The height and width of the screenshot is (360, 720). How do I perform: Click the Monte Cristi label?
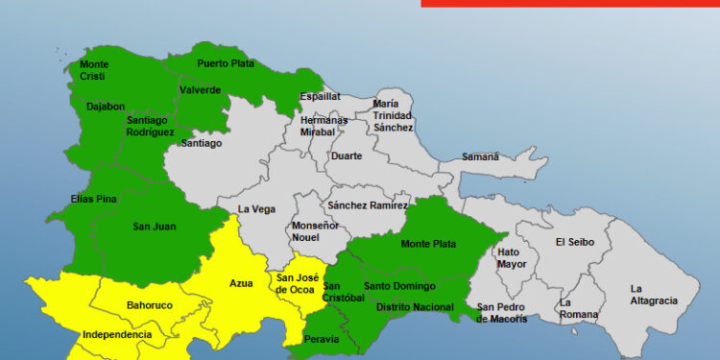(x=94, y=70)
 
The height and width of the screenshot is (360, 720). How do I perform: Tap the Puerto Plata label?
(x=224, y=63)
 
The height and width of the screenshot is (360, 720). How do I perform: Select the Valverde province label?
(x=200, y=90)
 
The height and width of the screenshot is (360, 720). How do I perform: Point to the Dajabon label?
(x=105, y=108)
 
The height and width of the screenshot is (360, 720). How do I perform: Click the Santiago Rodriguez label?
(x=149, y=126)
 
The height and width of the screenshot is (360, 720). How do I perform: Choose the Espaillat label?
(x=320, y=97)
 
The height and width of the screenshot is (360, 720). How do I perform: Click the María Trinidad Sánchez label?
(x=393, y=115)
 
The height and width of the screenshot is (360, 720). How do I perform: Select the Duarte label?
(x=346, y=156)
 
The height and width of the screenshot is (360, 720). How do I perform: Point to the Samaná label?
(x=480, y=156)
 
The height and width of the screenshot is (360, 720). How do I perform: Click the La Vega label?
(x=256, y=209)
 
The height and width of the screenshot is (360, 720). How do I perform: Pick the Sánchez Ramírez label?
(x=367, y=205)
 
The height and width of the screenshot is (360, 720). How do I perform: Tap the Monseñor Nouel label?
(x=315, y=231)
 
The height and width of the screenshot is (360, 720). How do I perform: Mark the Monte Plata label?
(x=428, y=244)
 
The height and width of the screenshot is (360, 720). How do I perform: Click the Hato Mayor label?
(x=512, y=258)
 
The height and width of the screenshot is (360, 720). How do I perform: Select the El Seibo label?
(x=574, y=242)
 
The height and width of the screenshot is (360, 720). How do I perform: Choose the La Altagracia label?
(x=653, y=295)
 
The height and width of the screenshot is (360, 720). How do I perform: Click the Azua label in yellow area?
(x=241, y=283)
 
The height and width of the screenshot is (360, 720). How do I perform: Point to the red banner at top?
(x=570, y=3)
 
